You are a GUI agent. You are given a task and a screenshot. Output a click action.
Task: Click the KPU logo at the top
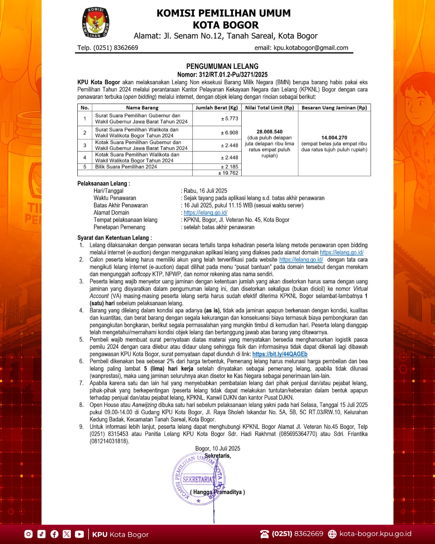(x=96, y=23)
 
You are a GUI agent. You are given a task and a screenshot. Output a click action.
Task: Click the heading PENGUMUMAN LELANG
(x=222, y=66)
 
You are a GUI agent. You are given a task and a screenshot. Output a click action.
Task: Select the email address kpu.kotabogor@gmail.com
(x=311, y=48)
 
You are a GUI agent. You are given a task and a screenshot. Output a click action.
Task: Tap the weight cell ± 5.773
(x=230, y=118)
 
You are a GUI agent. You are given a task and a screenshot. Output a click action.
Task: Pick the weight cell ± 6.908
(x=230, y=133)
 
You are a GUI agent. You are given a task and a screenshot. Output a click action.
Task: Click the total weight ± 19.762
(x=228, y=173)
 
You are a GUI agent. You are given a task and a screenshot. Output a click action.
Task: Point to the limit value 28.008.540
(x=269, y=132)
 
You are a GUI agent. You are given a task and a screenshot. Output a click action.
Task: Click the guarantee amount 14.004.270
(x=334, y=137)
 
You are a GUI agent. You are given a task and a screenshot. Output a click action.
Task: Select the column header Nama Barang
(x=142, y=108)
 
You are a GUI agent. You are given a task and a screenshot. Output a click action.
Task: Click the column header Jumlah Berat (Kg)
(x=217, y=108)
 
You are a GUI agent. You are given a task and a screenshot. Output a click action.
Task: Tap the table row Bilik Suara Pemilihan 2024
(x=126, y=166)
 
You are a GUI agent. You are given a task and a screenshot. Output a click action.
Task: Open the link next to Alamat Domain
(x=205, y=213)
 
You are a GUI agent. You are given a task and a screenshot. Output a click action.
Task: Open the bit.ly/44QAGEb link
(x=280, y=354)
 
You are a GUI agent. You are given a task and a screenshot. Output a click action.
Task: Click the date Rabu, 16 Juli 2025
(x=205, y=191)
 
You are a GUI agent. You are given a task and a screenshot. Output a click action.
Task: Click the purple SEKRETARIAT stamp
(x=197, y=480)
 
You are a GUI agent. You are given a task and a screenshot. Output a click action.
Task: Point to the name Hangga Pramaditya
(x=217, y=492)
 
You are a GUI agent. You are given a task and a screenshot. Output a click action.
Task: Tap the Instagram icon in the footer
(x=29, y=534)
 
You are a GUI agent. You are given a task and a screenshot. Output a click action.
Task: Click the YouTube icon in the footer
(x=79, y=534)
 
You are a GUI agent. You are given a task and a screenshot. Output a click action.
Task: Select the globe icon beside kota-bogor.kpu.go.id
(x=332, y=534)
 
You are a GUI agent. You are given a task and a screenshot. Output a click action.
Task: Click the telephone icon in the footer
(x=265, y=534)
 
